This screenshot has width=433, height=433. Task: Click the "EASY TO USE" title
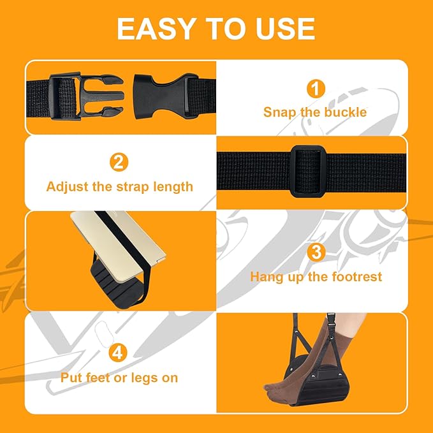[216, 29]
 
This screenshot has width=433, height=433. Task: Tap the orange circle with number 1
[315, 89]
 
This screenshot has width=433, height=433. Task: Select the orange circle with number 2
[119, 163]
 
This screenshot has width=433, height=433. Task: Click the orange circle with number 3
[315, 253]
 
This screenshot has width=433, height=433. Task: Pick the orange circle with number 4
[119, 352]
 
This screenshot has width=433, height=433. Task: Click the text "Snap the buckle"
[315, 112]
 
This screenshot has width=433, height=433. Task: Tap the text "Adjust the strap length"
[119, 187]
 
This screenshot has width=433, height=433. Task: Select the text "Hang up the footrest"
[315, 277]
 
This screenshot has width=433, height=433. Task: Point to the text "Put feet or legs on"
[119, 378]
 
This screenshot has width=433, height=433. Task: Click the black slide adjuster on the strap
[309, 170]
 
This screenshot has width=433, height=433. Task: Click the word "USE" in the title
[280, 29]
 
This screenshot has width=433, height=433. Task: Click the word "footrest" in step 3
[360, 277]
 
